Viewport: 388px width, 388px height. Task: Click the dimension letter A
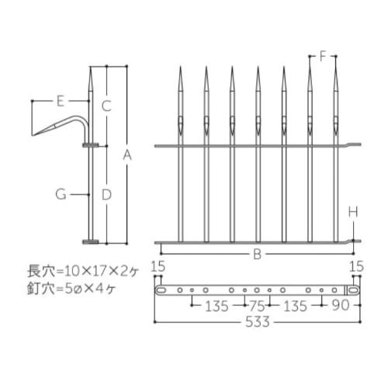[127, 155]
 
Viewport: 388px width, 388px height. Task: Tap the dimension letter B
[257, 255]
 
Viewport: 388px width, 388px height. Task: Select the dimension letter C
[106, 106]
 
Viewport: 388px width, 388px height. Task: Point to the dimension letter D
[106, 195]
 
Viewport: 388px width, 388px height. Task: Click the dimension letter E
[61, 101]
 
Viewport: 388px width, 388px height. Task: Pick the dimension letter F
[323, 56]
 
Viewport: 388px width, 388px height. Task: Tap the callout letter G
[61, 194]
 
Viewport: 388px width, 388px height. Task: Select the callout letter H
[353, 212]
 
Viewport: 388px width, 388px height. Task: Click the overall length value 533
[258, 322]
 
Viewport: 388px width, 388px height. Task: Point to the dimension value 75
[257, 307]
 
